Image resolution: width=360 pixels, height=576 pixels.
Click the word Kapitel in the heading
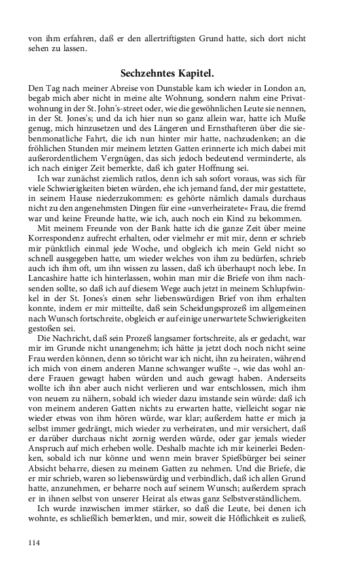(202, 74)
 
